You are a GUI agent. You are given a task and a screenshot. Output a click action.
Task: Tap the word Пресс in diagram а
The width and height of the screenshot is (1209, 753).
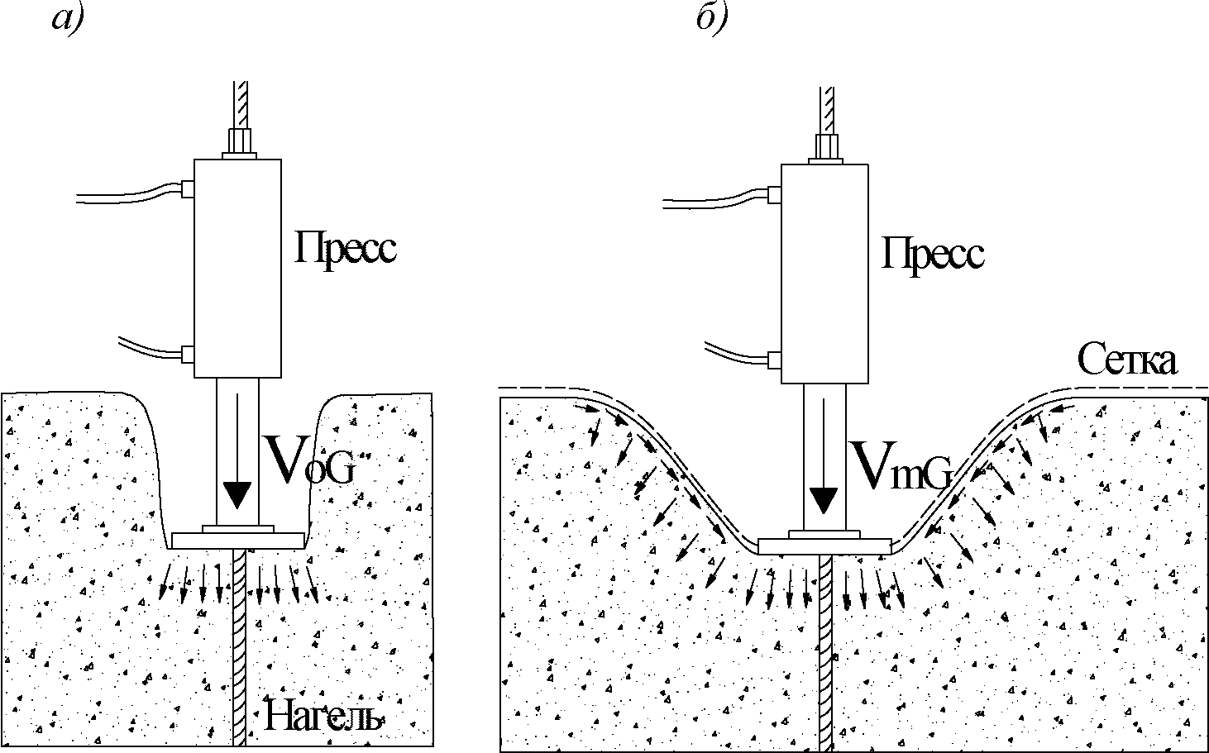coord(346,249)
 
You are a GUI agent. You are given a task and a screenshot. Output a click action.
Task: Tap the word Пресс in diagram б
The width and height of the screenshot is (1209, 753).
coord(933,253)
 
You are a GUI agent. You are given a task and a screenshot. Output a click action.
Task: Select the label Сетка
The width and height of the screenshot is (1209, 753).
coord(1126,360)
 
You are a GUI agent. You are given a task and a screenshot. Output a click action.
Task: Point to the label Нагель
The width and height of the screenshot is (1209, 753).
coord(323,717)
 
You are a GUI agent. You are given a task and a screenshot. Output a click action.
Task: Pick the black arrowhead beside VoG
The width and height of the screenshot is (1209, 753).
coord(237,493)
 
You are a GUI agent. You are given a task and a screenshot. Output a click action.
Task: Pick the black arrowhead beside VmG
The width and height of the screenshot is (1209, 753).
coord(824,499)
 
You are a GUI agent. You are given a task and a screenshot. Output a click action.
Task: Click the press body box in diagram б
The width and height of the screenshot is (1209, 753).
coord(824,274)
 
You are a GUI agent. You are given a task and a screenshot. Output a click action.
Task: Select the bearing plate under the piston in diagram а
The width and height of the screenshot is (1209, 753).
coord(237,541)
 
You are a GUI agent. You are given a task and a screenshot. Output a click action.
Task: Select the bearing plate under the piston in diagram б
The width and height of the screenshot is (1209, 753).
coord(824,546)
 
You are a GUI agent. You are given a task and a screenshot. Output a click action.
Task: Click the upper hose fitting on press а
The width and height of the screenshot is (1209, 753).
coord(188,189)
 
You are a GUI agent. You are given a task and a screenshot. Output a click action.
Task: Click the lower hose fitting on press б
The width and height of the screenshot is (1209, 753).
coord(775,360)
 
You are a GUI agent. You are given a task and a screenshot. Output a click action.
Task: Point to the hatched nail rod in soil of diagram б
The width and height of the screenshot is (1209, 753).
coord(824,653)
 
